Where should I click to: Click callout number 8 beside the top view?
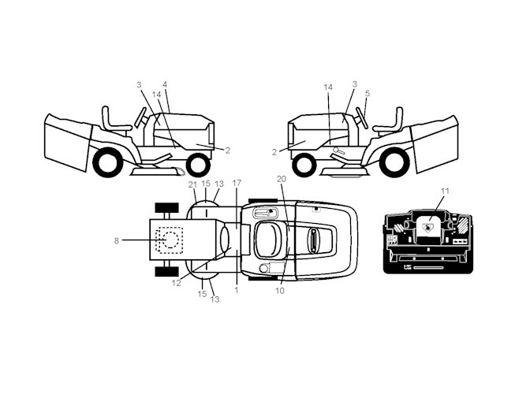116,240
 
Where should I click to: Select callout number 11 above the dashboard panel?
445,191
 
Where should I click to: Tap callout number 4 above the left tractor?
165,84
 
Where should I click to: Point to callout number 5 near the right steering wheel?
368,93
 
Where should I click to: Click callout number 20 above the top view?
282,179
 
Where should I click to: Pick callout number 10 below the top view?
280,290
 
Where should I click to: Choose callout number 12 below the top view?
176,283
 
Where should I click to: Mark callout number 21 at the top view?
192,184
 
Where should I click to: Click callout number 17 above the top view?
237,183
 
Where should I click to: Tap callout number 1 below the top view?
237,290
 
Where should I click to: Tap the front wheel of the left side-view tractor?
199,165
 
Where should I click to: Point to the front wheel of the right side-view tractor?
304,165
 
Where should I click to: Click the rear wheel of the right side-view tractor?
394,163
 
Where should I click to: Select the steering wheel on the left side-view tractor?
140,117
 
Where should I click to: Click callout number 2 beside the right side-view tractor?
274,152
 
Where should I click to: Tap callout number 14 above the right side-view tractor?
328,87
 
